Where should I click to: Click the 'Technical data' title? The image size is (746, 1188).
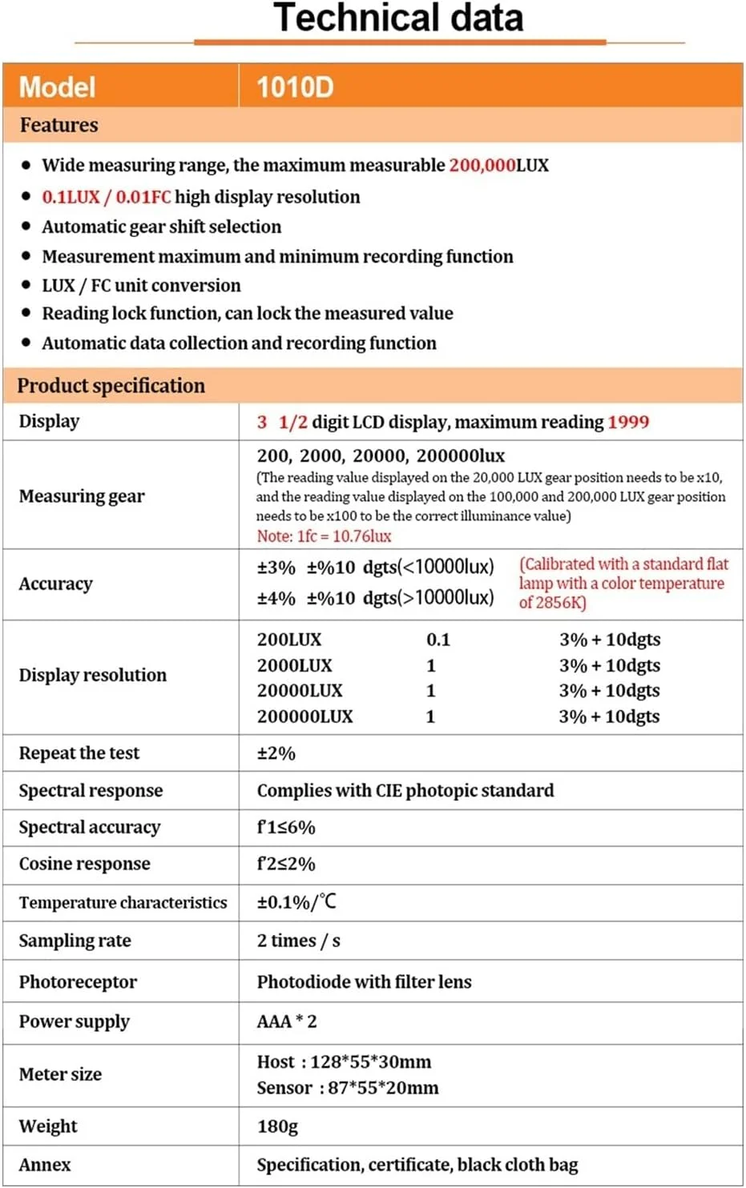398,18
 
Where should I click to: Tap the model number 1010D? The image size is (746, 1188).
295,86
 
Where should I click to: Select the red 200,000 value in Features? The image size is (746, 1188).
482,166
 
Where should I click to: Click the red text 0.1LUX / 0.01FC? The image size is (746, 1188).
107,197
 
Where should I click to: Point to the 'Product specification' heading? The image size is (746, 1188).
111,386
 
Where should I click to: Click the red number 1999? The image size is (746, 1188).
628,422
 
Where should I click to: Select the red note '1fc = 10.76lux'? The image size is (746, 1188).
324,536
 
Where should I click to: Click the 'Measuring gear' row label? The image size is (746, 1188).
82,496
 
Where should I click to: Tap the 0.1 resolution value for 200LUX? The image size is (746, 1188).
438,640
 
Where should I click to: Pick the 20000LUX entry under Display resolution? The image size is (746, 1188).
300,691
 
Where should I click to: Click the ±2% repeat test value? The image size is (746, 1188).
276,753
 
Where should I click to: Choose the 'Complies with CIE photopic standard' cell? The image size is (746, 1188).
405,791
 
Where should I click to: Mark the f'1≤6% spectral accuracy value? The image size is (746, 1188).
286,828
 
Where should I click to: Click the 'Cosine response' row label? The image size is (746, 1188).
85,864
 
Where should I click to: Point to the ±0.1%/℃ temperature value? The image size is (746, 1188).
296,902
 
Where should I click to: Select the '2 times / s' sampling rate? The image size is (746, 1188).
298,941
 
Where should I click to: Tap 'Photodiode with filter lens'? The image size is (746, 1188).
364,982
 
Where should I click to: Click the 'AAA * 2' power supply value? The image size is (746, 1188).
287,1021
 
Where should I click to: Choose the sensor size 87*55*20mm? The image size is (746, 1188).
383,1088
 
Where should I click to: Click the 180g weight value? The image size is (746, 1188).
277,1126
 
